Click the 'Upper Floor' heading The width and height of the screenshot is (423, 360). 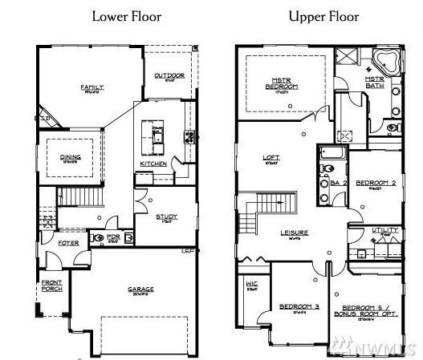point(324,16)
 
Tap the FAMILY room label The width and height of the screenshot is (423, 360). point(90,87)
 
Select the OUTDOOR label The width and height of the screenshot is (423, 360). point(169,76)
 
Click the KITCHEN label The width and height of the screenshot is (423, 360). point(153,164)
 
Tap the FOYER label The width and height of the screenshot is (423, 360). point(69,242)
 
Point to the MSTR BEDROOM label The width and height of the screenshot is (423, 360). point(283,83)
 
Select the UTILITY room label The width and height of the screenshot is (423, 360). point(385,230)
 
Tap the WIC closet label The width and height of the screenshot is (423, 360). point(252,285)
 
